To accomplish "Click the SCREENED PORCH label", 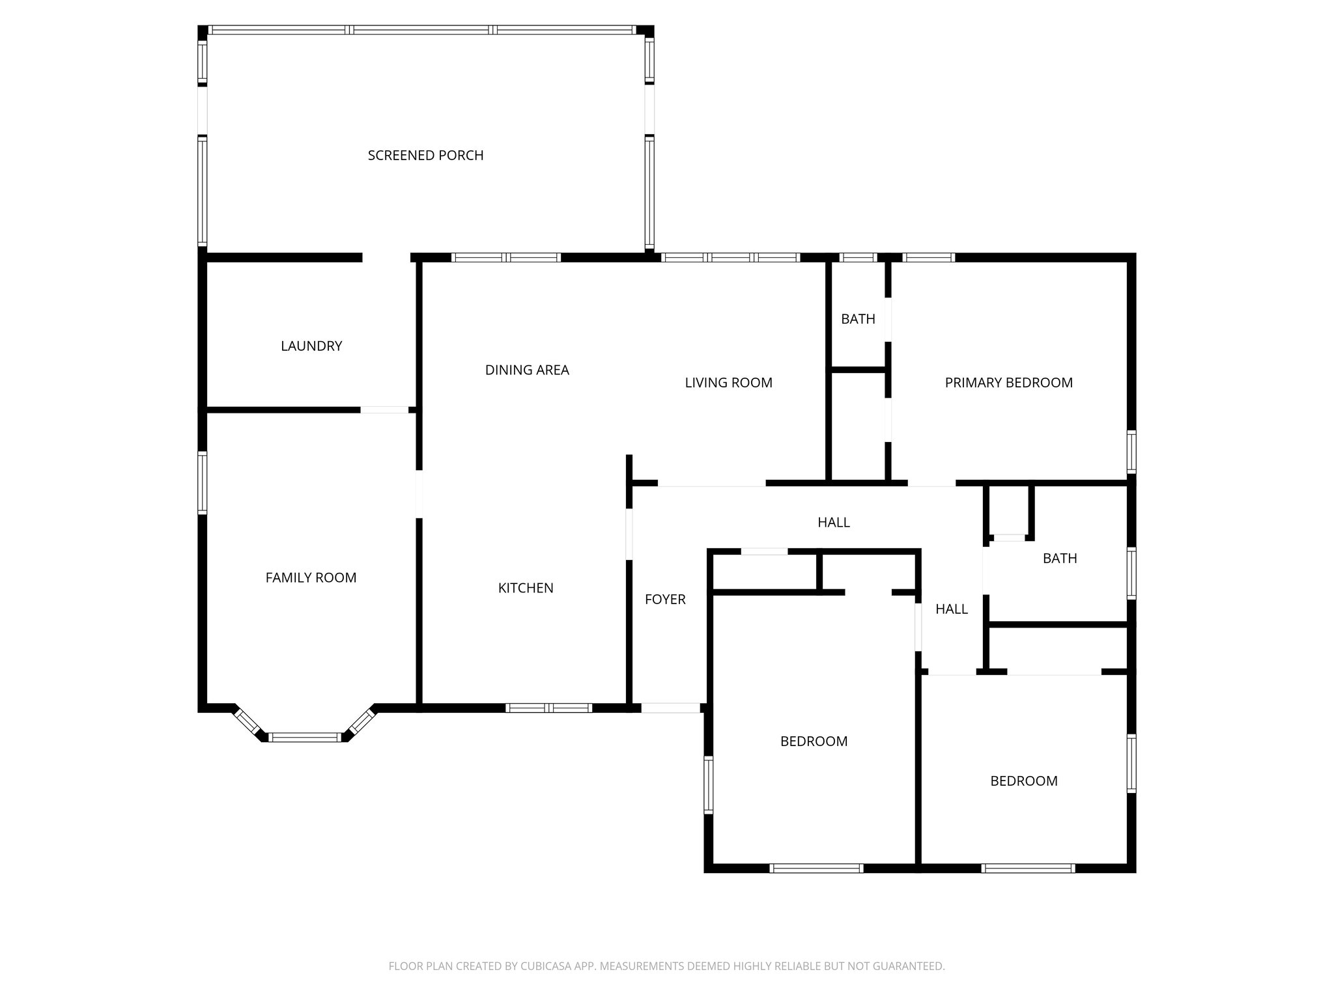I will click(425, 156).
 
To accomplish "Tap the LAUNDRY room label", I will click(311, 346).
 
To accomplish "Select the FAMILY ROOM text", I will click(311, 577).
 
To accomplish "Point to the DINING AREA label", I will click(527, 370).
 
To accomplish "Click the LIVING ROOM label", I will click(728, 383).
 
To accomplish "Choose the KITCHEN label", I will click(526, 588).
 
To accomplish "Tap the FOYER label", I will click(665, 600).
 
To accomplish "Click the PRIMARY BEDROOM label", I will click(1008, 383).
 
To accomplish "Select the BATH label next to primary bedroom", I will click(858, 319).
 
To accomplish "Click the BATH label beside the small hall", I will click(1060, 559).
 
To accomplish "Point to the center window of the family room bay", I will click(305, 737).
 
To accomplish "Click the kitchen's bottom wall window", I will click(548, 708).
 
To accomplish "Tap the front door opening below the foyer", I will click(670, 708).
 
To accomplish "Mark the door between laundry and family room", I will click(384, 410).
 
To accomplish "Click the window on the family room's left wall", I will click(203, 483).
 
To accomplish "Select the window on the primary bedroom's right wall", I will click(1131, 452).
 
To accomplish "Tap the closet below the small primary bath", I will click(858, 426).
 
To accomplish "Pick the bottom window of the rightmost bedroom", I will click(1027, 868).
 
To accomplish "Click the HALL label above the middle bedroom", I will click(834, 522).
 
